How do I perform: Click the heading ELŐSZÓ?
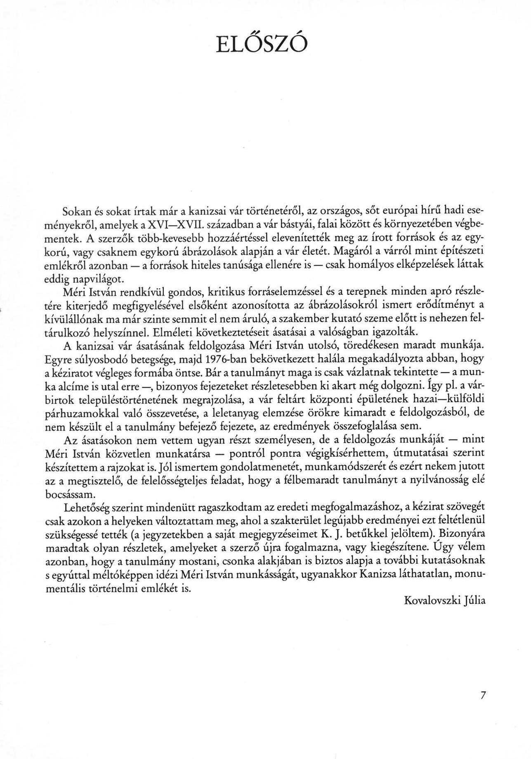click(x=262, y=44)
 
